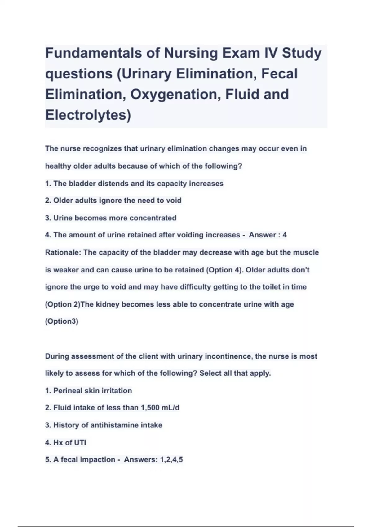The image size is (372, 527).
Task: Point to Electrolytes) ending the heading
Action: click(x=88, y=115)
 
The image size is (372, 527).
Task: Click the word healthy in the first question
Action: click(x=58, y=166)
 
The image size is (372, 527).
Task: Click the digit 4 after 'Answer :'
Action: click(x=285, y=235)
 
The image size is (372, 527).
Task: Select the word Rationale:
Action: click(x=63, y=252)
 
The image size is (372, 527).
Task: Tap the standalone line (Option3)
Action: click(x=62, y=321)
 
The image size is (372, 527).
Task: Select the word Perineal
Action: click(x=68, y=391)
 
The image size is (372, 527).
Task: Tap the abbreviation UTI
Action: click(x=80, y=442)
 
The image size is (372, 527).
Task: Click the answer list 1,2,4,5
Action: click(x=171, y=459)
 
